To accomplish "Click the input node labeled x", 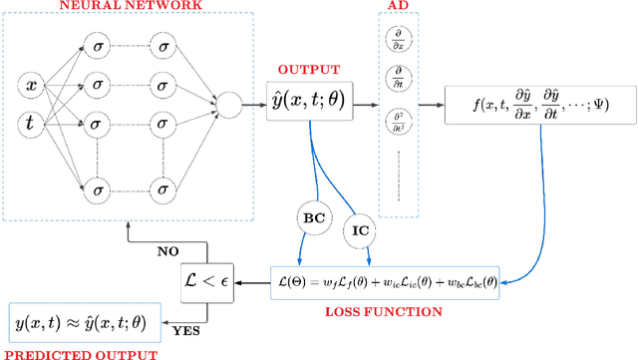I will pos(32,87).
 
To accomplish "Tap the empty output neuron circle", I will pos(229,104).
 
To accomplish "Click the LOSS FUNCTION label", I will pos(386,312).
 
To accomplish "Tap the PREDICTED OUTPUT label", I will pos(79,353).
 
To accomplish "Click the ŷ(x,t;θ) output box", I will pos(311,102).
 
